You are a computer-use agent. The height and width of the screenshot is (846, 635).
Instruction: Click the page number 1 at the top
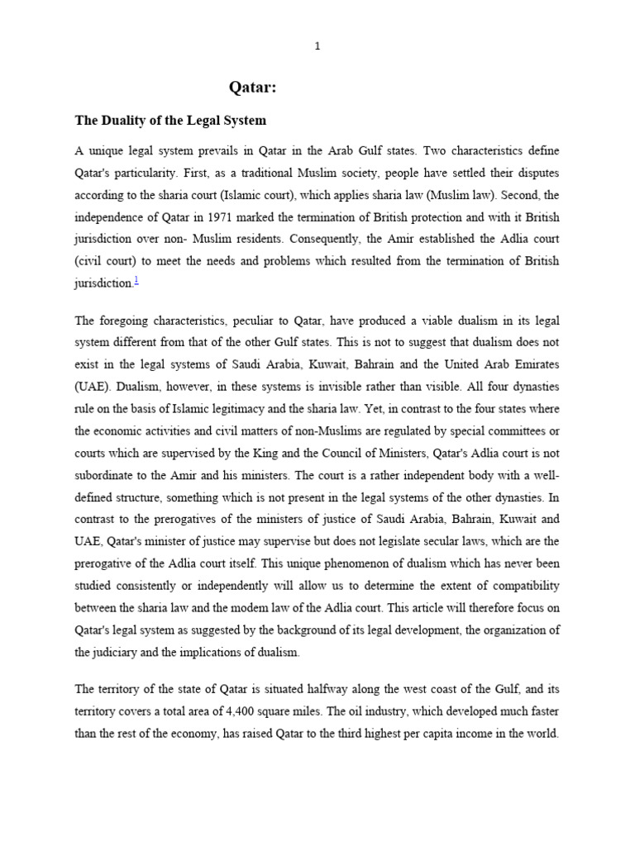pos(317,46)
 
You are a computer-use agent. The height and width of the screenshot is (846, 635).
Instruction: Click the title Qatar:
pos(257,88)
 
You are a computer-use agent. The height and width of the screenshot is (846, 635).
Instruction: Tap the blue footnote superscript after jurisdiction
pos(136,281)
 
